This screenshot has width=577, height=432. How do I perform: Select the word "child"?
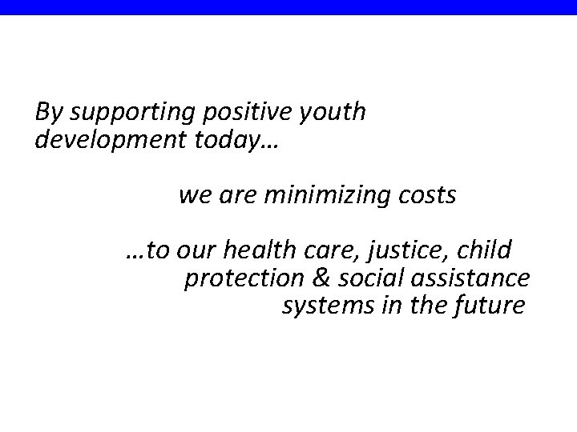(x=486, y=251)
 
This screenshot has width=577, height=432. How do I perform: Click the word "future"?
(x=491, y=306)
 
